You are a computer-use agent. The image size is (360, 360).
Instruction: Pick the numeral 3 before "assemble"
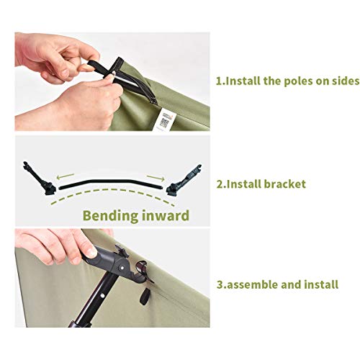[220, 284]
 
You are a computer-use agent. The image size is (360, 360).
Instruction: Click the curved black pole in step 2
[108, 183]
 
